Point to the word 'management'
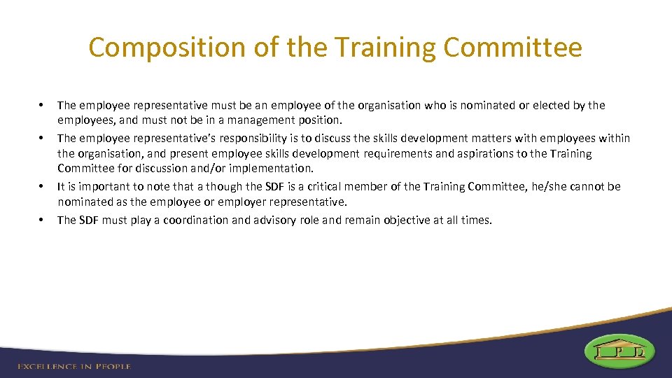(x=259, y=120)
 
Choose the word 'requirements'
(x=397, y=153)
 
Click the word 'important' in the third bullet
(x=102, y=186)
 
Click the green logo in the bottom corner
(x=620, y=351)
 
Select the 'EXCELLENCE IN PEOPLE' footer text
(x=75, y=366)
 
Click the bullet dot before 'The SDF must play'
(x=43, y=220)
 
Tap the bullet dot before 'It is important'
(x=43, y=187)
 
